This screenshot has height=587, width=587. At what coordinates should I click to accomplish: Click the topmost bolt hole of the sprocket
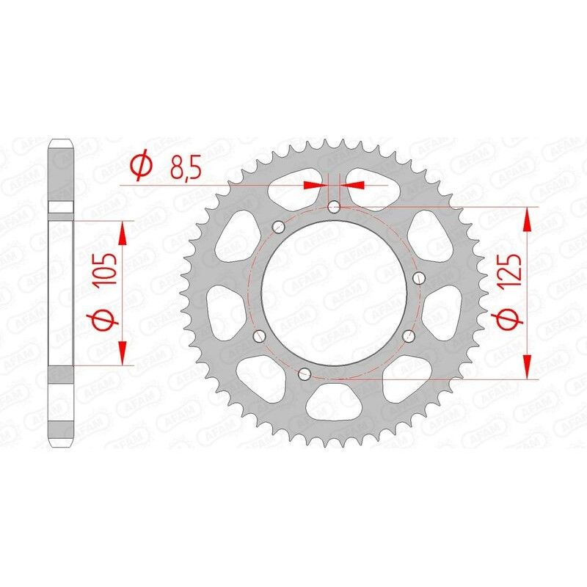tap(334, 208)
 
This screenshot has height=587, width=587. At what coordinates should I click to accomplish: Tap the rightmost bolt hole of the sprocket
tap(420, 277)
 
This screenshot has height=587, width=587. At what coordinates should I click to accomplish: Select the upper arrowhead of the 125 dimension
tap(527, 218)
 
